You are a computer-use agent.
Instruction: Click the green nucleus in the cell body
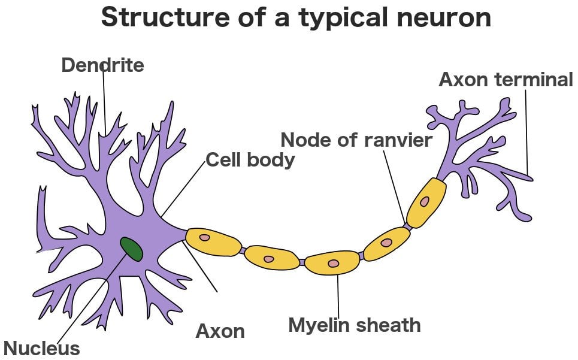[131, 249]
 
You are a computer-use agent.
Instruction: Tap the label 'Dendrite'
[102, 65]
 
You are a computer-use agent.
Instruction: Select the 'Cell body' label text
[250, 160]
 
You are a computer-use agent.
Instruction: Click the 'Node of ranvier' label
[356, 140]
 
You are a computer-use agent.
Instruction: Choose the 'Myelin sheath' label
[354, 325]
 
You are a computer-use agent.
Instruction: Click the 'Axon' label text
[220, 331]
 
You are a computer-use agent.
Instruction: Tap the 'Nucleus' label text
[41, 348]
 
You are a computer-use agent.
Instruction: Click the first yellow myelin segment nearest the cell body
[213, 241]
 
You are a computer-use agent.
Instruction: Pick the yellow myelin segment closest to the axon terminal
[426, 202]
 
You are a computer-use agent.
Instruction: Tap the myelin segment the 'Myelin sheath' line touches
[332, 263]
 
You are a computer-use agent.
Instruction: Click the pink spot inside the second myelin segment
[269, 259]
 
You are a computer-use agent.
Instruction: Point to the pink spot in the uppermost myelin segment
[424, 202]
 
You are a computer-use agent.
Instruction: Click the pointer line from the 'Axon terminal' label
[526, 132]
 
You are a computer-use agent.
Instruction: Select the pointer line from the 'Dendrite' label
[104, 102]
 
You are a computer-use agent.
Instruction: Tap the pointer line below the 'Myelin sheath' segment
[338, 294]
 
